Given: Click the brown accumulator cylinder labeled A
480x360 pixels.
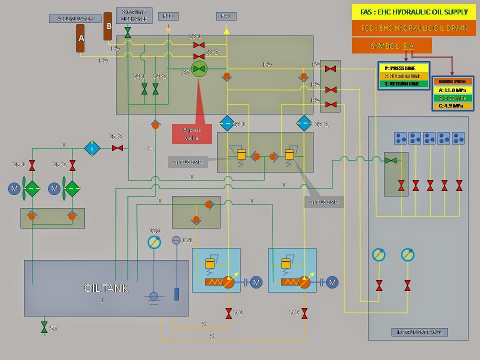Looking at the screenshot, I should pos(80,38).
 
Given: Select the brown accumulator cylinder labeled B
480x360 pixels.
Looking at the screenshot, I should pos(107,26).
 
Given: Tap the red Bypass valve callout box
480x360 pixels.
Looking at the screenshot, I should pos(192,134).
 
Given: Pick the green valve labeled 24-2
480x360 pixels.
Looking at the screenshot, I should pos(155,89).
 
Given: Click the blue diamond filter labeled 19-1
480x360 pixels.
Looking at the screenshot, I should pos(227,123).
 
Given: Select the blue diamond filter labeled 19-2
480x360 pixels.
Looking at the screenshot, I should pos(303,123).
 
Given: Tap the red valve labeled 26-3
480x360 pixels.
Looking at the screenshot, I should pos(117,148).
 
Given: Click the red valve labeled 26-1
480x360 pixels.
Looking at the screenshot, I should pos(32,165).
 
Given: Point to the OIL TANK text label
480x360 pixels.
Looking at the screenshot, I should pos(106,288).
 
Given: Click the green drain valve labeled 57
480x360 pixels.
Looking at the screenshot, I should pos(44,327).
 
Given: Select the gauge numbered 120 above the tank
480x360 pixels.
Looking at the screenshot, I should pos(155,242).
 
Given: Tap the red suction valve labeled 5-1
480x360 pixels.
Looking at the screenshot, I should pos(228,313).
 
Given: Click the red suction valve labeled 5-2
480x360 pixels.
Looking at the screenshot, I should pos(304,313).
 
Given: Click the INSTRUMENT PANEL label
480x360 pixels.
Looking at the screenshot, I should pos(419,332).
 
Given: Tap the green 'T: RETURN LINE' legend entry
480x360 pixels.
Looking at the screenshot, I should pos(403,83).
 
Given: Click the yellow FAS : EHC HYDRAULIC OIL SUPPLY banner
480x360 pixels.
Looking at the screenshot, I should pos(414,11).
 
